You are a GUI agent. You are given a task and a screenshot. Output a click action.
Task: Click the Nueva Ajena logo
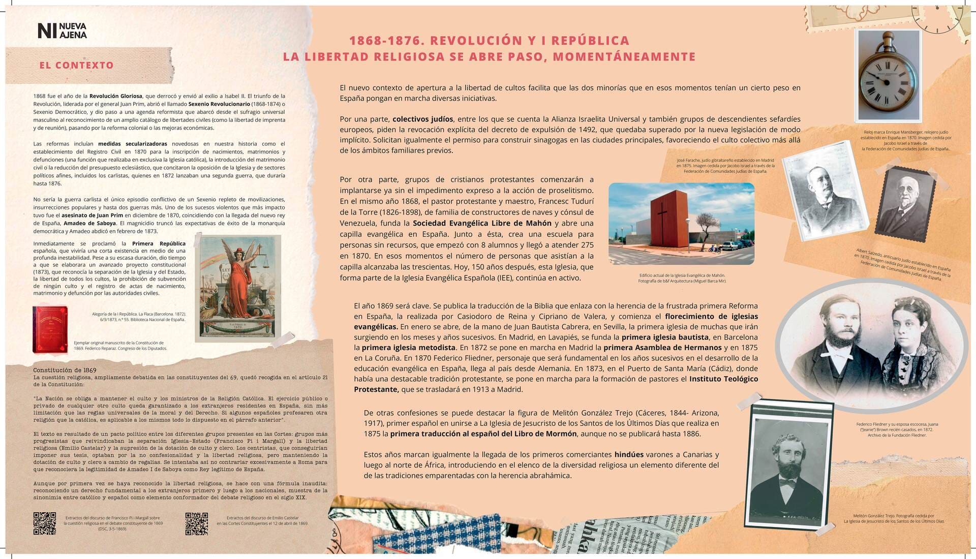point(62,30)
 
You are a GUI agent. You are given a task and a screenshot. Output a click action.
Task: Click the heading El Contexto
point(76,66)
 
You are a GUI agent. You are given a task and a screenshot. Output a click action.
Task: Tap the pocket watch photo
point(889,76)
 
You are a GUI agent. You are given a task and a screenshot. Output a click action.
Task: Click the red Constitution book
point(50,329)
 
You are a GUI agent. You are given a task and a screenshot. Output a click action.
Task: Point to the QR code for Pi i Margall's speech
point(45,523)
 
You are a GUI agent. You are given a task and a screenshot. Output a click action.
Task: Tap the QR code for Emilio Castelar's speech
point(197,523)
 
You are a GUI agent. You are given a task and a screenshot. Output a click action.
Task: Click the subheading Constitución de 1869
point(65,370)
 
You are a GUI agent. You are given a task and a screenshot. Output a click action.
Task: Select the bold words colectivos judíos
point(422,119)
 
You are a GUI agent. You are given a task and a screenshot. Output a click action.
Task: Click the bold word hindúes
point(629,455)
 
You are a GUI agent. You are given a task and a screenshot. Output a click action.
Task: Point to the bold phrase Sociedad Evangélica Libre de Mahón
point(482,224)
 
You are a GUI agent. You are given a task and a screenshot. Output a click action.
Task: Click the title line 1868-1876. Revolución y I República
point(489,41)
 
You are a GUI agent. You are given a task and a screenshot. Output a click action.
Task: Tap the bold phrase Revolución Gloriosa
point(116,96)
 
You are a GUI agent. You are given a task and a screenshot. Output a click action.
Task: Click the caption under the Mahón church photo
point(682,278)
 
